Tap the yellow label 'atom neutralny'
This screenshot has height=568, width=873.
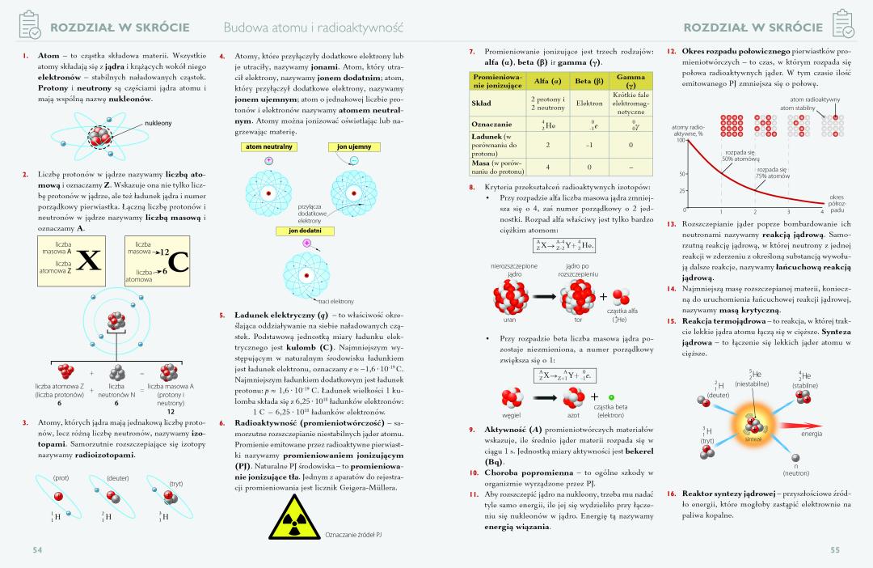(268, 146)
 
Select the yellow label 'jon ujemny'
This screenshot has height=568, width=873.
(348, 146)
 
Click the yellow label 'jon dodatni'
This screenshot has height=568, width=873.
(306, 231)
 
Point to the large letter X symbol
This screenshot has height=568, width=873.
(90, 261)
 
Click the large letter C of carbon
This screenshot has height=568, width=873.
(179, 261)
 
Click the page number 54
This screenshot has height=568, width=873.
(36, 550)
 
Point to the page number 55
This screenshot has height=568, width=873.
(835, 550)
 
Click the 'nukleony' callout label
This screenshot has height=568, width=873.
(158, 123)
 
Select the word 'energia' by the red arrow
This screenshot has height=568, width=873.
(811, 434)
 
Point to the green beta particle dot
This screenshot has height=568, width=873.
(611, 398)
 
